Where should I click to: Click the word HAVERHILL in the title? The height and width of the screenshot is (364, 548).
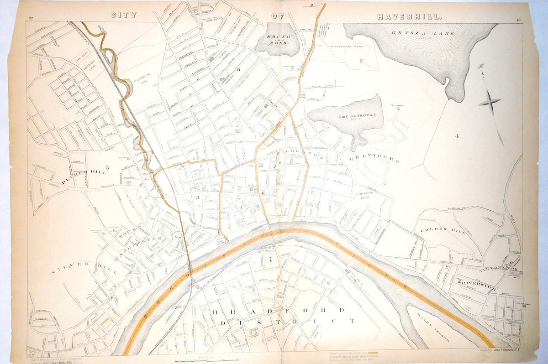[409, 16]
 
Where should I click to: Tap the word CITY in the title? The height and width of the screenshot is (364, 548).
[124, 15]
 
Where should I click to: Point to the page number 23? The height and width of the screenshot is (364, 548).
[519, 19]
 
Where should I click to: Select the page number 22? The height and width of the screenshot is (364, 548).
[31, 18]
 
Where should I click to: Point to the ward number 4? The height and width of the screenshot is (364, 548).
[456, 135]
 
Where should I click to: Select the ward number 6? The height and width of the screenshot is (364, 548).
[238, 70]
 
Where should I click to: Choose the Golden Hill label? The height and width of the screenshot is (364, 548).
[443, 231]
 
